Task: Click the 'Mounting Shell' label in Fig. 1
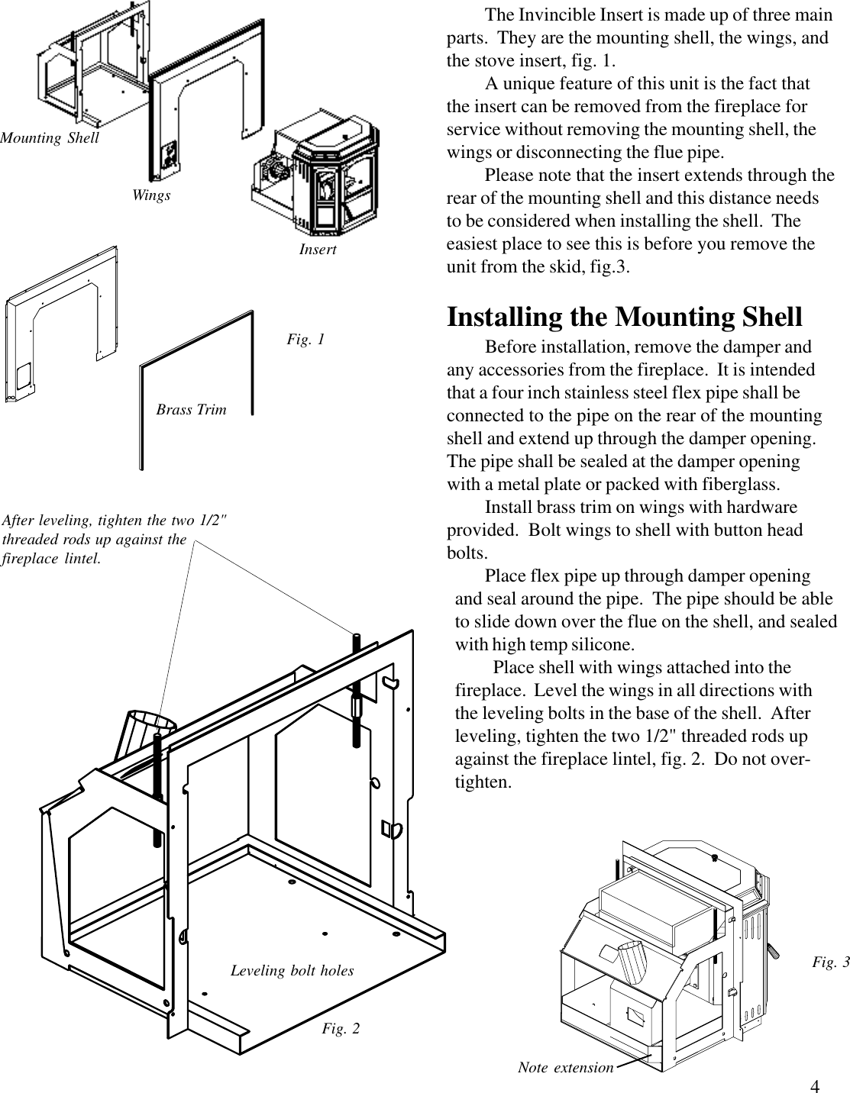[50, 138]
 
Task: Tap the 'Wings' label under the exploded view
[151, 195]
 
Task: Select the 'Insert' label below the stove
[318, 250]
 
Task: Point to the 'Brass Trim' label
[191, 410]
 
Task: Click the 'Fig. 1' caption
[305, 339]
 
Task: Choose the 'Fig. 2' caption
[341, 1029]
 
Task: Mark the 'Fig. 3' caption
[830, 962]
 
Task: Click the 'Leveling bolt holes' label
[292, 971]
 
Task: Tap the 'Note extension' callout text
[565, 1067]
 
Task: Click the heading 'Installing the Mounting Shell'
[624, 317]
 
